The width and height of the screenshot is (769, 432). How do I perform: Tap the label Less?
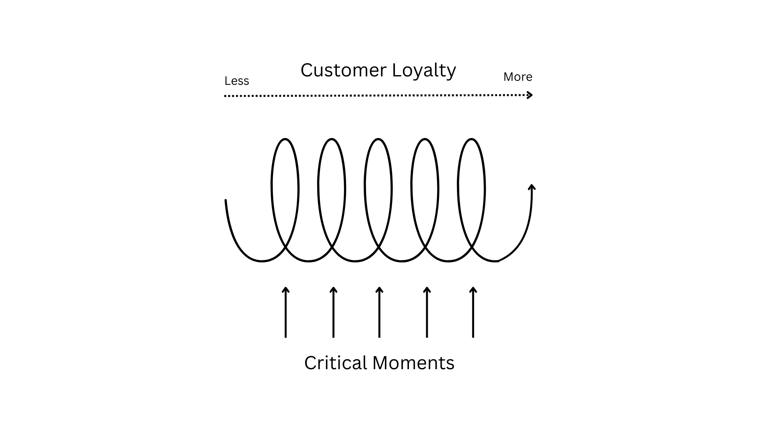pos(237,81)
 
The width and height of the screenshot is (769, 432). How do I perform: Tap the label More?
pos(517,77)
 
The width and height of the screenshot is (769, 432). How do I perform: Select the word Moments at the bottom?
pos(413,363)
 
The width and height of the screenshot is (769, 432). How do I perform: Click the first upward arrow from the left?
pos(286,312)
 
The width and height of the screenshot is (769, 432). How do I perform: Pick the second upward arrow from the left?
pos(333,312)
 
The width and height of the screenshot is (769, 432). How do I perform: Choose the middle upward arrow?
pos(379,312)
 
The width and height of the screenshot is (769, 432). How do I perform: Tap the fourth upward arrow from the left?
pos(427,312)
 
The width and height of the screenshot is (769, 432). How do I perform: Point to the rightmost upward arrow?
pos(473,312)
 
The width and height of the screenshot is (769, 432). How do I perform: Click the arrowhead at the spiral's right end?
pos(532,187)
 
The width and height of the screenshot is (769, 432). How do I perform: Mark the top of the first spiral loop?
pos(285,139)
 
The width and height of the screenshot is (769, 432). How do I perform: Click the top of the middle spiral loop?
pos(378,139)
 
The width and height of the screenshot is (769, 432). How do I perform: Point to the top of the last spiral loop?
pos(472,139)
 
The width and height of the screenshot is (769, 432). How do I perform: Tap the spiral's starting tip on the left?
pos(226,201)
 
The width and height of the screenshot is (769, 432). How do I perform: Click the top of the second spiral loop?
pos(332,139)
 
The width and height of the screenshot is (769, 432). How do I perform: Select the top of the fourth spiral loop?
pos(425,139)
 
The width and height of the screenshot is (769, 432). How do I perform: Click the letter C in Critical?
pos(310,363)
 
